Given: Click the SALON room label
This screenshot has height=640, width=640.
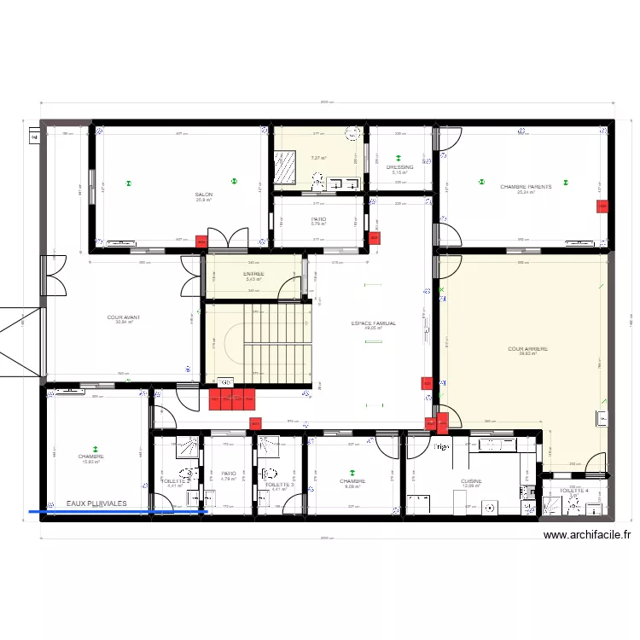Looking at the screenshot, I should tap(204, 195).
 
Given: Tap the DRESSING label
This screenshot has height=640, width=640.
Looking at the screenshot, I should tap(399, 167).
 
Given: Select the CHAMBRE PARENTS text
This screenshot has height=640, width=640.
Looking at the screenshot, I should tap(526, 186).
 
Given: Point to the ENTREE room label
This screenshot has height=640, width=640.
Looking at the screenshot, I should tap(253, 274).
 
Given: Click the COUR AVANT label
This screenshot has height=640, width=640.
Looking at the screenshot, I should tap(124, 317).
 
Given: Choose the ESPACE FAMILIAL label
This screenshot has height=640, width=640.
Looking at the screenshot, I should tap(373, 323).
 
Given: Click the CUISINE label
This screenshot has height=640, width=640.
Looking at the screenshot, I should tap(471, 481).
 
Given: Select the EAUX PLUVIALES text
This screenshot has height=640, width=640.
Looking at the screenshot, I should tap(96, 504).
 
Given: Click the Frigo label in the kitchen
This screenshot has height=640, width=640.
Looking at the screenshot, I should tap(440, 447).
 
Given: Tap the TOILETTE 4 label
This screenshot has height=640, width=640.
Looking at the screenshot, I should tap(574, 491).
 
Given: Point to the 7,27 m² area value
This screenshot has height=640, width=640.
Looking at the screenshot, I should tap(317, 158).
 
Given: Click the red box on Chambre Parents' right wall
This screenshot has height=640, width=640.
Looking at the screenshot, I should tap(602, 207).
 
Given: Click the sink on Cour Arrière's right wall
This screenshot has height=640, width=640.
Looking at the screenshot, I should tap(602, 417).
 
